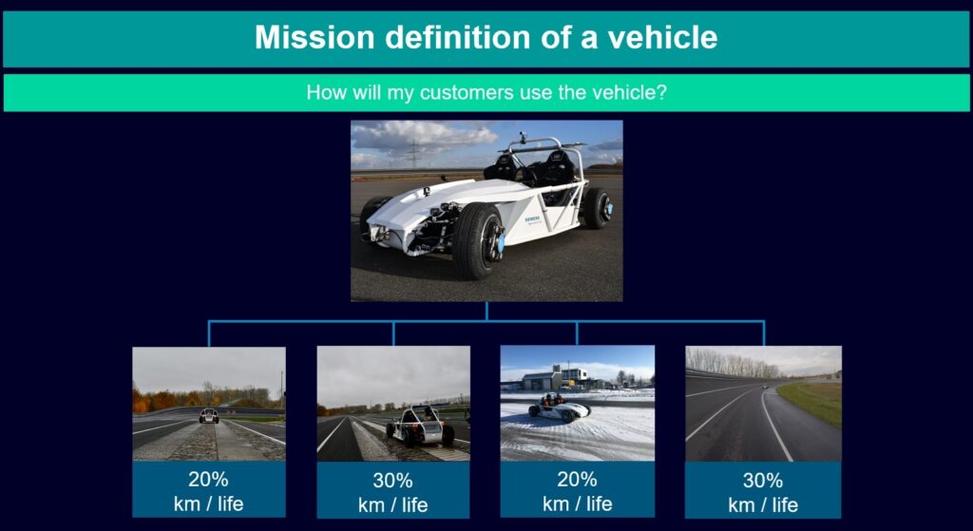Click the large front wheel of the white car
tap(478, 240)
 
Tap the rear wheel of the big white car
tap(597, 208)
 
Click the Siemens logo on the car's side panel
tap(533, 219)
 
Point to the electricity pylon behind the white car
tap(413, 152)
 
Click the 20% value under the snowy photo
tap(577, 480)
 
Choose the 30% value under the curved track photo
tap(763, 480)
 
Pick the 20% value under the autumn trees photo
tap(208, 480)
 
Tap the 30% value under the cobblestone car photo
tap(392, 480)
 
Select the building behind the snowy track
tap(555, 378)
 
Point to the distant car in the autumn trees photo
tap(208, 416)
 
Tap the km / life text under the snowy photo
tap(577, 503)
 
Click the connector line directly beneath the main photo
tap(486, 312)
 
